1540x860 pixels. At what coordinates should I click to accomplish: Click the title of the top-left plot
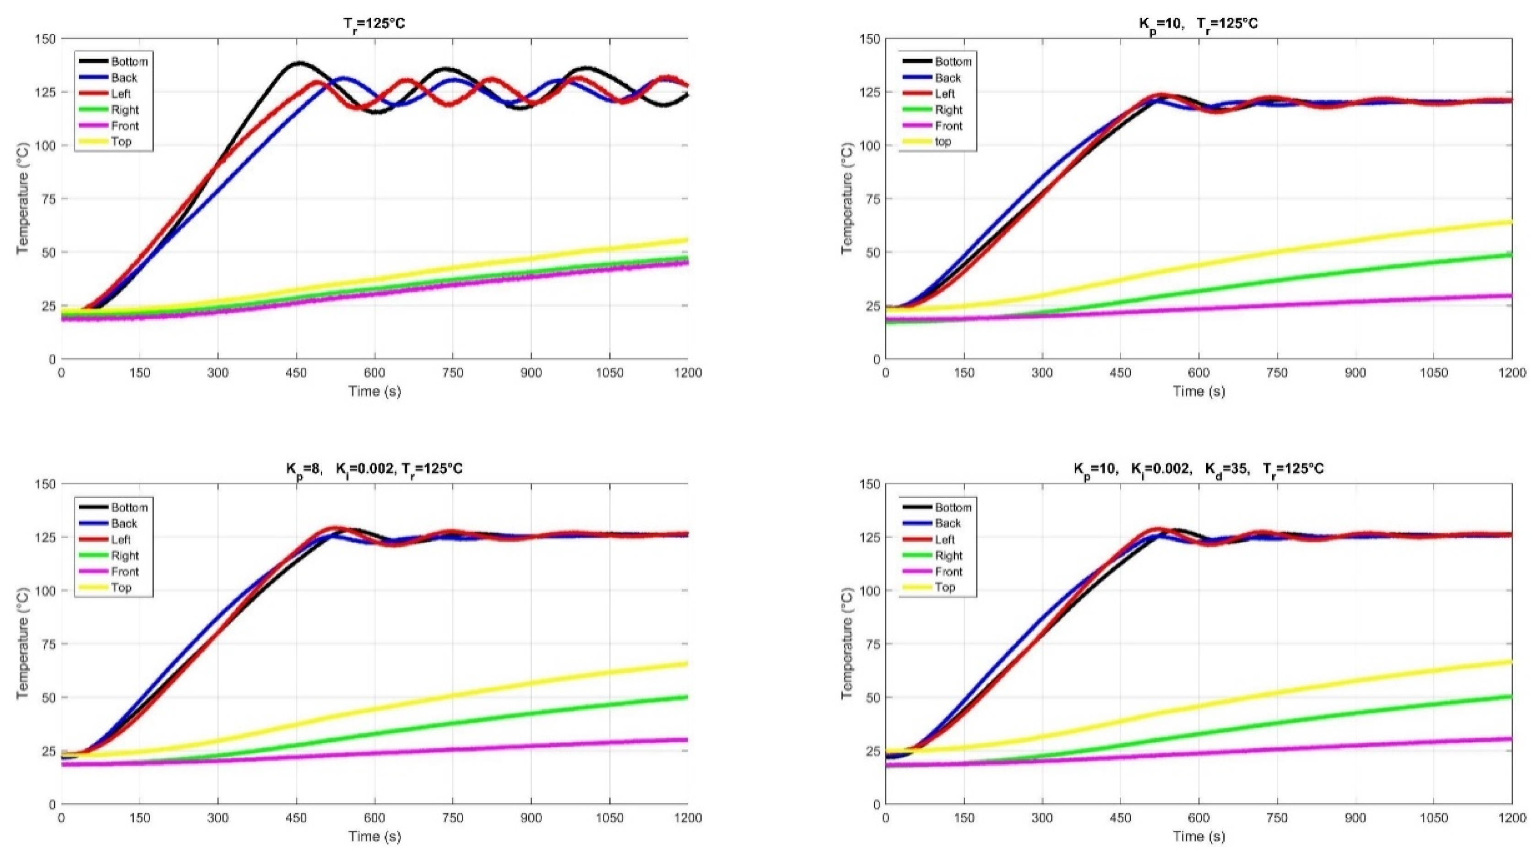tap(374, 24)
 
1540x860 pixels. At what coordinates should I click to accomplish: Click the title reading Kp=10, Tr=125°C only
tap(1198, 24)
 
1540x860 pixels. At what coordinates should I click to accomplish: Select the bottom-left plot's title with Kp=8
tap(374, 469)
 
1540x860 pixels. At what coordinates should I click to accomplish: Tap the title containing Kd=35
tap(1198, 469)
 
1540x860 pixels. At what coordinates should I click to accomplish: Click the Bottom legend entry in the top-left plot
tap(129, 62)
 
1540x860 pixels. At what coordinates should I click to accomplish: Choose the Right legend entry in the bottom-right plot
tap(949, 555)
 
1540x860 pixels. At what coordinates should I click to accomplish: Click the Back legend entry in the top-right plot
tap(948, 78)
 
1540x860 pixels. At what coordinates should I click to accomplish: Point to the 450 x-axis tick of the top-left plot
tap(296, 373)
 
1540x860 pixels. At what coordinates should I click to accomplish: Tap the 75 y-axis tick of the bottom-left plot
tap(48, 643)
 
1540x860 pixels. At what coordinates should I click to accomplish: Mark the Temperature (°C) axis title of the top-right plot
tap(846, 198)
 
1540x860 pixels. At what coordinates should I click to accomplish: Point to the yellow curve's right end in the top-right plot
tap(1510, 223)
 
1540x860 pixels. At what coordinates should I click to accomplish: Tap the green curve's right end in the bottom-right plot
tap(1510, 697)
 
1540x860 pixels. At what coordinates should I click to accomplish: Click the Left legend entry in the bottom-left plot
tap(121, 539)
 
